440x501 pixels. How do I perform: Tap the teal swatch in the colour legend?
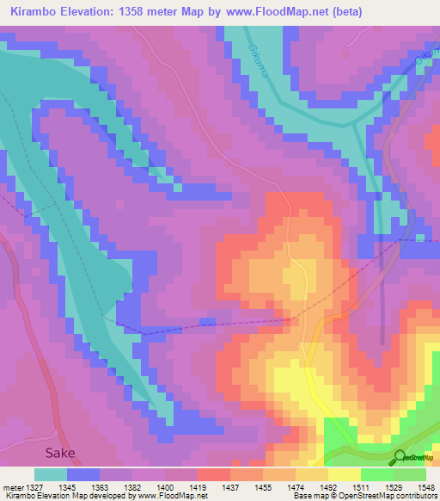tap(51, 474)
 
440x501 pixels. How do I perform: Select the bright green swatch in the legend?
tap(377, 474)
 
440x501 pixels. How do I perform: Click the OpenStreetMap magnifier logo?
tap(400, 457)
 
